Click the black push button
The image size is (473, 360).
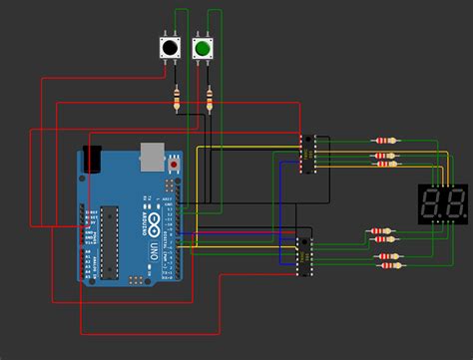tap(171, 48)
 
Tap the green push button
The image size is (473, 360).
tap(203, 48)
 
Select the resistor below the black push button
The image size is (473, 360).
tap(178, 98)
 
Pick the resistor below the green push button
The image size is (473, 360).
tap(209, 98)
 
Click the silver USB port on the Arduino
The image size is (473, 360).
tap(151, 154)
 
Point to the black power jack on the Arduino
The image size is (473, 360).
tap(93, 158)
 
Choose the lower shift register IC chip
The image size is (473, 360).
tap(303, 253)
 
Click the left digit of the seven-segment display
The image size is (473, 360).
tap(434, 206)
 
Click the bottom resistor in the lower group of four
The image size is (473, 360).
tap(390, 266)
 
